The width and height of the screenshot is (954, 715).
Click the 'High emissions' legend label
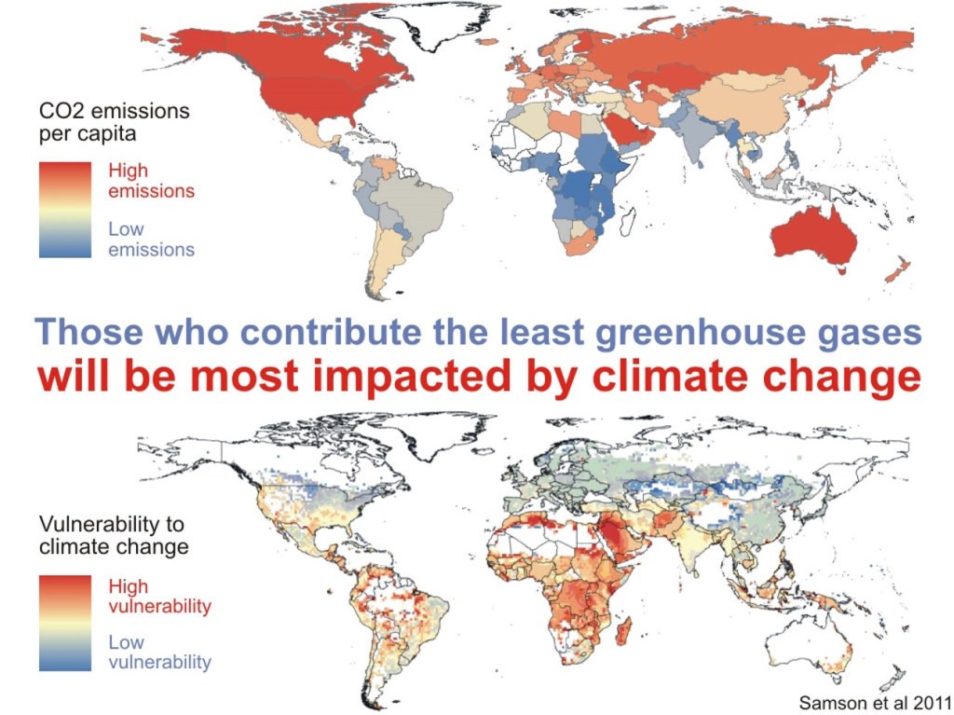(151, 181)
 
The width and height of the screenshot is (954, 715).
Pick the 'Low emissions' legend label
(151, 239)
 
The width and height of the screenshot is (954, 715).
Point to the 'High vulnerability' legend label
(159, 597)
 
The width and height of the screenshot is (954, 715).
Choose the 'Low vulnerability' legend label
(159, 653)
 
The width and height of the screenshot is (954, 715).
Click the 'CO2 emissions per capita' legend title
(114, 122)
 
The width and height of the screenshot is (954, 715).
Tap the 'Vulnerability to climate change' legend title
(112, 535)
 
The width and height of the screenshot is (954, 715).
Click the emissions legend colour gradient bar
(65, 210)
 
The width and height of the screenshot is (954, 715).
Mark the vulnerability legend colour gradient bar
(65, 624)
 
